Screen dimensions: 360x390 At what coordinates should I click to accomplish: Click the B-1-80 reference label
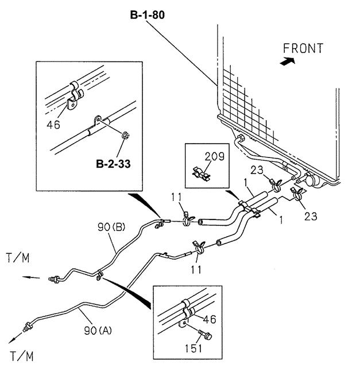[148, 15]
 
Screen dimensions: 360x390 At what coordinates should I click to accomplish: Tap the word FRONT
[303, 48]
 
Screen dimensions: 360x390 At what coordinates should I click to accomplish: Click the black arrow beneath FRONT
[288, 61]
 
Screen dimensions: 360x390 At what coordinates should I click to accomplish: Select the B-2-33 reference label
[113, 164]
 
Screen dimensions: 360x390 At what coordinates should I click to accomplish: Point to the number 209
[215, 156]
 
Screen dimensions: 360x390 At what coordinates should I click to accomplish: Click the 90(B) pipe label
[111, 227]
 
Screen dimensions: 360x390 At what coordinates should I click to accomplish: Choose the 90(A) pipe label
[98, 331]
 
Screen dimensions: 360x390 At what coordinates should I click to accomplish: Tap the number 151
[193, 349]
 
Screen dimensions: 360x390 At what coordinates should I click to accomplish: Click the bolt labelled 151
[205, 334]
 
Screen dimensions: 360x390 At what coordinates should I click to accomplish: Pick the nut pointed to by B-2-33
[126, 136]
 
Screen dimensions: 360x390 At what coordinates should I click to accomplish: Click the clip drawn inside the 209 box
[201, 173]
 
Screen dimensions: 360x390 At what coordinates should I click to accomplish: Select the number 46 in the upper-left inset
[53, 125]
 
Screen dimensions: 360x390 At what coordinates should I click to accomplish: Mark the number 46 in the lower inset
[210, 319]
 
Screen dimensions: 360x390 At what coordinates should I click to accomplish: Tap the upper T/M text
[18, 258]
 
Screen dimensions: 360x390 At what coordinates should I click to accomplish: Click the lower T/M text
[22, 356]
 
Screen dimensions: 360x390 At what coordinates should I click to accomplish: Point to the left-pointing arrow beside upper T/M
[31, 277]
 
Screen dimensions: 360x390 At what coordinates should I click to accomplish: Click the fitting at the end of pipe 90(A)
[28, 327]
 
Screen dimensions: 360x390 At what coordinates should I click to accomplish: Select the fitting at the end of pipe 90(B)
[54, 279]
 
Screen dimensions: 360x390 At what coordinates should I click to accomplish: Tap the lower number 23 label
[311, 216]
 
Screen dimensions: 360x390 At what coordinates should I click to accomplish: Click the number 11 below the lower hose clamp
[196, 269]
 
